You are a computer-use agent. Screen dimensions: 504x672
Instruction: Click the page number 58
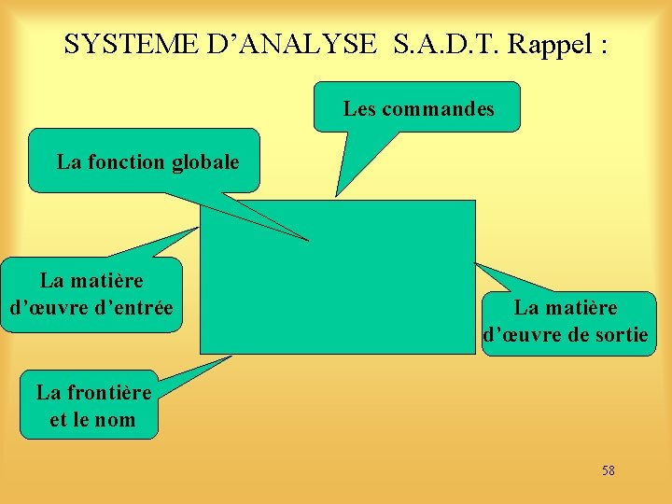[x=609, y=470]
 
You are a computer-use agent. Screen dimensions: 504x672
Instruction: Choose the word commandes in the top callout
[x=438, y=109]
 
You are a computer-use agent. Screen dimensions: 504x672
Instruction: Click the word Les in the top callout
[x=359, y=109]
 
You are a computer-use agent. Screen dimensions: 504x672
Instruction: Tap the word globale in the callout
[x=203, y=162]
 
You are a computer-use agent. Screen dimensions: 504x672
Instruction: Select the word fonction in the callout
[x=127, y=162]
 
